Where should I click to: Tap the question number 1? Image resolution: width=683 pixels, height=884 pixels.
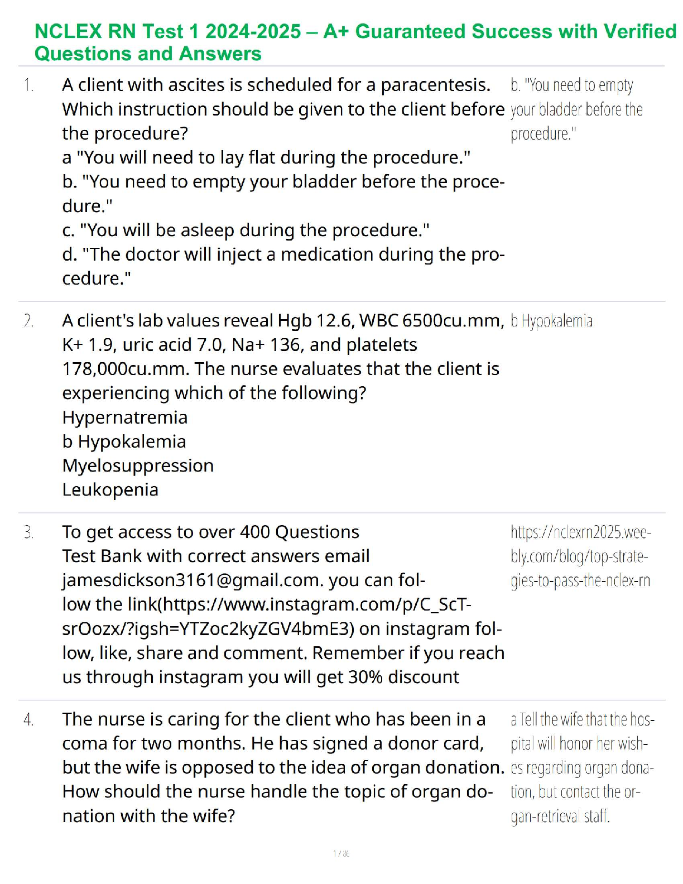(x=28, y=85)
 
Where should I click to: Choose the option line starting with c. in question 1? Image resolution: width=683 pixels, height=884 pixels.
(x=246, y=230)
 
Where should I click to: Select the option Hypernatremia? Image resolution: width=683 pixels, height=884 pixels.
(x=125, y=417)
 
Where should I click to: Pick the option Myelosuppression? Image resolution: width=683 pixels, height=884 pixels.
(x=138, y=465)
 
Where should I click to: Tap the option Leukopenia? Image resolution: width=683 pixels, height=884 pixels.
(x=110, y=490)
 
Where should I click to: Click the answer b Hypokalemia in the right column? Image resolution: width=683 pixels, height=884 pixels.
(x=551, y=321)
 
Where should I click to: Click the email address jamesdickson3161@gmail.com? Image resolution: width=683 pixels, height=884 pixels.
(x=193, y=580)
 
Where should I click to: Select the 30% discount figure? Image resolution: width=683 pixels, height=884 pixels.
(x=365, y=677)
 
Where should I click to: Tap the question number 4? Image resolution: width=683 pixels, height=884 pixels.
(x=28, y=720)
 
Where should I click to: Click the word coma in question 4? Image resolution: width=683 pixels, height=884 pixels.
(x=82, y=743)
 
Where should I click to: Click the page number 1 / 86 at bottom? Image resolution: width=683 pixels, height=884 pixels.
(x=341, y=853)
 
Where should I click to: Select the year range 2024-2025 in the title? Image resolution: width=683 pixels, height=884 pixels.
(x=253, y=32)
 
